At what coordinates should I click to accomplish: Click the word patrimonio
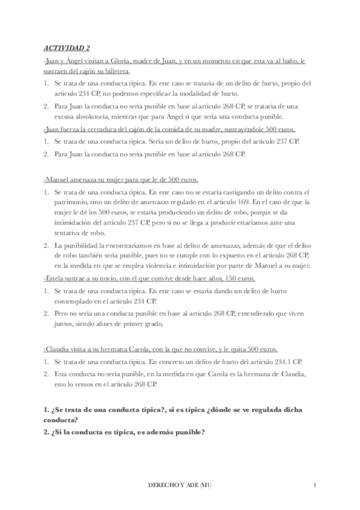71,203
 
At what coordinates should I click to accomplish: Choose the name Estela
55,278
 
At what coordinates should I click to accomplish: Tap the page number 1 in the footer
315,485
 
